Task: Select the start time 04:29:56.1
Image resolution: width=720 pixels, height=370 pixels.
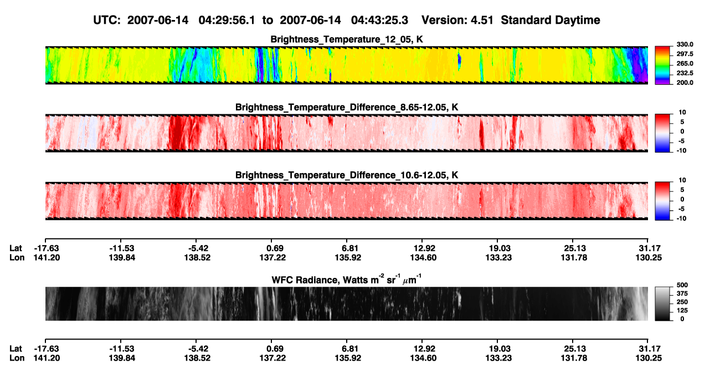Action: pos(227,20)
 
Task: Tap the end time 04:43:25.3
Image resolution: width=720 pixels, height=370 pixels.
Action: pos(379,20)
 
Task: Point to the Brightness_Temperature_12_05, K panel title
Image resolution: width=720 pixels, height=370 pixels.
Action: pos(347,39)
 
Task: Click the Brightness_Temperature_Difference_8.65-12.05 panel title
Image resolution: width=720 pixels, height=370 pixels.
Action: pos(347,107)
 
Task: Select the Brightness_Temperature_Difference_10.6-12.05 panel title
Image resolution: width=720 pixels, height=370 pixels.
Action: pos(347,175)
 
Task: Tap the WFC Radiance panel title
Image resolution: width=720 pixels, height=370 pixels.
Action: pos(347,280)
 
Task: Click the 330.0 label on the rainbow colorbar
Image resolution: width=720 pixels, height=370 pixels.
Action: pos(685,44)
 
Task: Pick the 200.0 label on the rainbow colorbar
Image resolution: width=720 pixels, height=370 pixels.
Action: pos(685,83)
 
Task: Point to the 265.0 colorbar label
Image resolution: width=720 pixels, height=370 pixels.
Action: pos(685,63)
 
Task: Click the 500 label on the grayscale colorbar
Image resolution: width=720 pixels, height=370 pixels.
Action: pos(682,285)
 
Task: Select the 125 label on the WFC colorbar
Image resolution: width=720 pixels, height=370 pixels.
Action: pos(682,311)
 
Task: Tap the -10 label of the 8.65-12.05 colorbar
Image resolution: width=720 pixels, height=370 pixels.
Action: pos(681,151)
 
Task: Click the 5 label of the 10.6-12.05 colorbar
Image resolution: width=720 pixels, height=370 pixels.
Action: pos(682,190)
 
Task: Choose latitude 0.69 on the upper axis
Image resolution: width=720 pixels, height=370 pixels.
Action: pos(275,249)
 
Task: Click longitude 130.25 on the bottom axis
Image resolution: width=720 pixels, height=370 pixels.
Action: pos(649,358)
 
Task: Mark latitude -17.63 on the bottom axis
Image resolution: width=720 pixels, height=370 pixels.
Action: pos(47,349)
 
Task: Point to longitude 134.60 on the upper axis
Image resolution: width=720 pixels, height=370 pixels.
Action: pos(423,257)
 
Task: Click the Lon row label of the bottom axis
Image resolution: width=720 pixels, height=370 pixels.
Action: pos(17,358)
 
